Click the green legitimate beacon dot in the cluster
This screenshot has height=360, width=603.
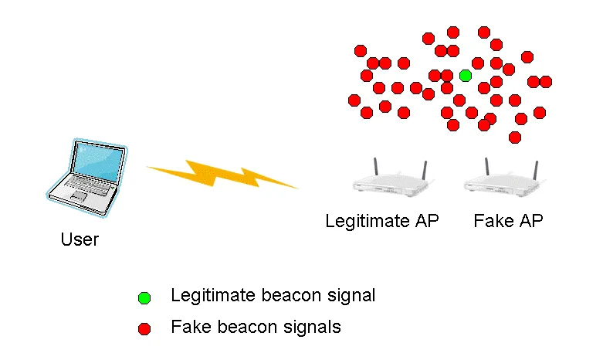coord(465,76)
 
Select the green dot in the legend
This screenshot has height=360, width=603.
coord(144,297)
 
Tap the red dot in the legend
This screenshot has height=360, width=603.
coord(144,329)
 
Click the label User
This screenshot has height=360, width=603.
coord(80,240)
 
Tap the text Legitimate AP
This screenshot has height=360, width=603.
coord(381,221)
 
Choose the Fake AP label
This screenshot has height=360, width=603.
coord(508,221)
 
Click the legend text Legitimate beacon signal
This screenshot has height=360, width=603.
coord(273,295)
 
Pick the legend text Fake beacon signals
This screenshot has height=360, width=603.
coord(256,327)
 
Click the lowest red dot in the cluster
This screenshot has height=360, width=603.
coord(515,137)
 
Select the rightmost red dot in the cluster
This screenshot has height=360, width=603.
coord(546,82)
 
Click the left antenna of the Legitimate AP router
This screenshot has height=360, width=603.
coord(375,168)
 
